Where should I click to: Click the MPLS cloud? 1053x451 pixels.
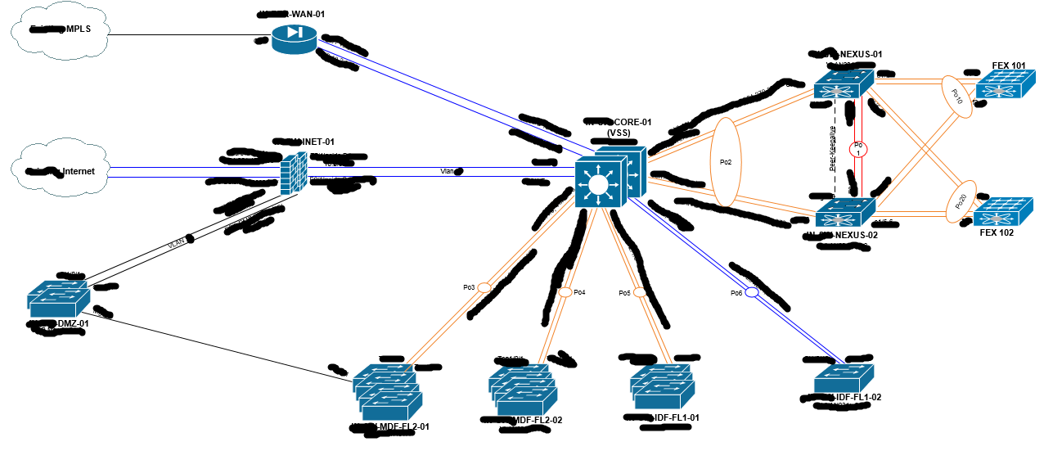point(60,34)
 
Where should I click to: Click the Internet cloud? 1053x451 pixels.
point(60,171)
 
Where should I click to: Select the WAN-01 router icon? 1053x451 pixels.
point(295,37)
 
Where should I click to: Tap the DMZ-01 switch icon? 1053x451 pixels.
point(57,300)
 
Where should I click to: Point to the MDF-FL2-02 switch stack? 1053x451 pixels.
point(521,389)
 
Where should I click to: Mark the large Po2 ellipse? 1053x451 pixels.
point(725,162)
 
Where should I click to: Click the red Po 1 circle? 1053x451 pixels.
point(859,150)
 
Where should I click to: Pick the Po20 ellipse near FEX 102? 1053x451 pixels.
point(961,201)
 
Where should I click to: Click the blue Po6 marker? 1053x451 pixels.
point(752,292)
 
